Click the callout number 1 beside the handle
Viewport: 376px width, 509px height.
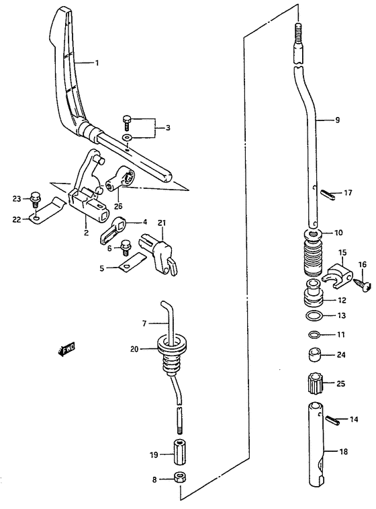click(x=97, y=63)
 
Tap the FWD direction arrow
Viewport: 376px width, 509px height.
click(x=65, y=349)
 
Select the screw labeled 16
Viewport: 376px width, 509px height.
click(x=361, y=284)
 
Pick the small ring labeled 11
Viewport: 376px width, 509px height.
click(x=314, y=334)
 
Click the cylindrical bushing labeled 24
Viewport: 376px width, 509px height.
click(x=314, y=354)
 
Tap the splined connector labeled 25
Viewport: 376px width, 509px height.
click(x=314, y=384)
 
